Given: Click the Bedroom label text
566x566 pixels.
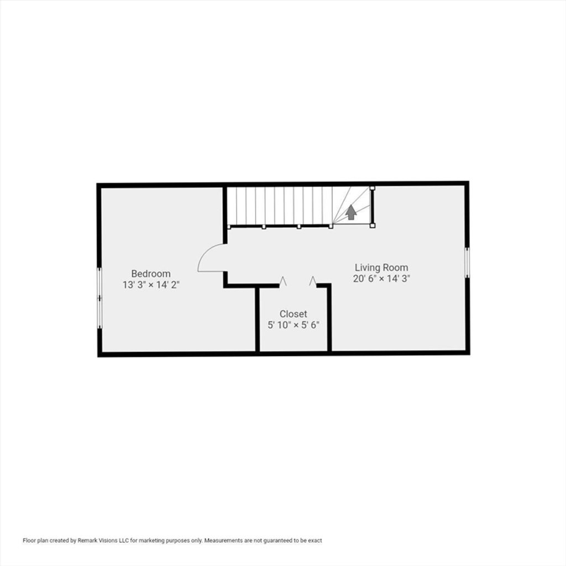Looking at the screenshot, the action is point(151,274).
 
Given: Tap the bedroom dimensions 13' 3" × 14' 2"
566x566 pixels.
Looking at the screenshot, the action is point(151,285).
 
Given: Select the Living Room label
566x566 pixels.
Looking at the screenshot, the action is point(381,268).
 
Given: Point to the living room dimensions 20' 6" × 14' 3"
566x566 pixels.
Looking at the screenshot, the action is point(381,279).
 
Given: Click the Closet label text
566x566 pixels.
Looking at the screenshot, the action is point(293,314).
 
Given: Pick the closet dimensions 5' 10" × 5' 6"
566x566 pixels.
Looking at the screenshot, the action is point(293,325).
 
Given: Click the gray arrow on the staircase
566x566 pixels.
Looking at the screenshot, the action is point(351,212).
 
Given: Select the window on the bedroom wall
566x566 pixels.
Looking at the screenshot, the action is point(99,298).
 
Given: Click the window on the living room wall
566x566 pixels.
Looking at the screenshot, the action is point(467,263).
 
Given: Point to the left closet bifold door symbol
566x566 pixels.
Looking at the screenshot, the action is point(283,281).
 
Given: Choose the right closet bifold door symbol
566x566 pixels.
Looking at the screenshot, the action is point(313,281).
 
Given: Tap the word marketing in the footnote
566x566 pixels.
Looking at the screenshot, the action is point(150,541).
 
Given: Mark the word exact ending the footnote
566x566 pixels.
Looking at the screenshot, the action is point(315,541).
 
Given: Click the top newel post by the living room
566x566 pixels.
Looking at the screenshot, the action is point(373,188).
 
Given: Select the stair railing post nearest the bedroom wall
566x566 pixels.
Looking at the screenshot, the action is point(229,227).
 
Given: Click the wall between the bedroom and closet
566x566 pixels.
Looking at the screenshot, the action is point(258,319).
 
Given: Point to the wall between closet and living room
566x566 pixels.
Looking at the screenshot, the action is point(329,318).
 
